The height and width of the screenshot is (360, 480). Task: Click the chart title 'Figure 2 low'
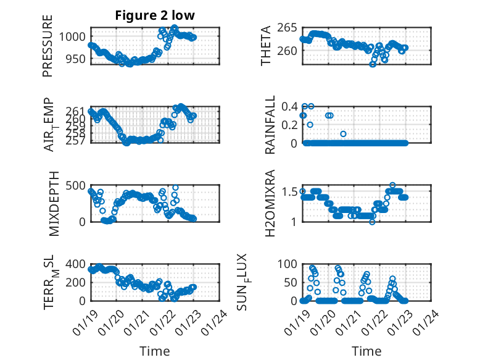(x=154, y=16)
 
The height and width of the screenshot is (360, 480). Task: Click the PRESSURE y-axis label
(x=48, y=46)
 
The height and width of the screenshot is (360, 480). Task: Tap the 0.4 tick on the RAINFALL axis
(x=291, y=106)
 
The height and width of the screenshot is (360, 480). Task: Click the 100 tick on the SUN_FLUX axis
(x=289, y=264)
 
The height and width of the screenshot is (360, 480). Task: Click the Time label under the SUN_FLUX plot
(x=366, y=351)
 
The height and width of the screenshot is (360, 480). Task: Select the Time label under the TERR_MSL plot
(x=155, y=351)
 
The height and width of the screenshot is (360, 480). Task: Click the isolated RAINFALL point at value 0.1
(x=344, y=134)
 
